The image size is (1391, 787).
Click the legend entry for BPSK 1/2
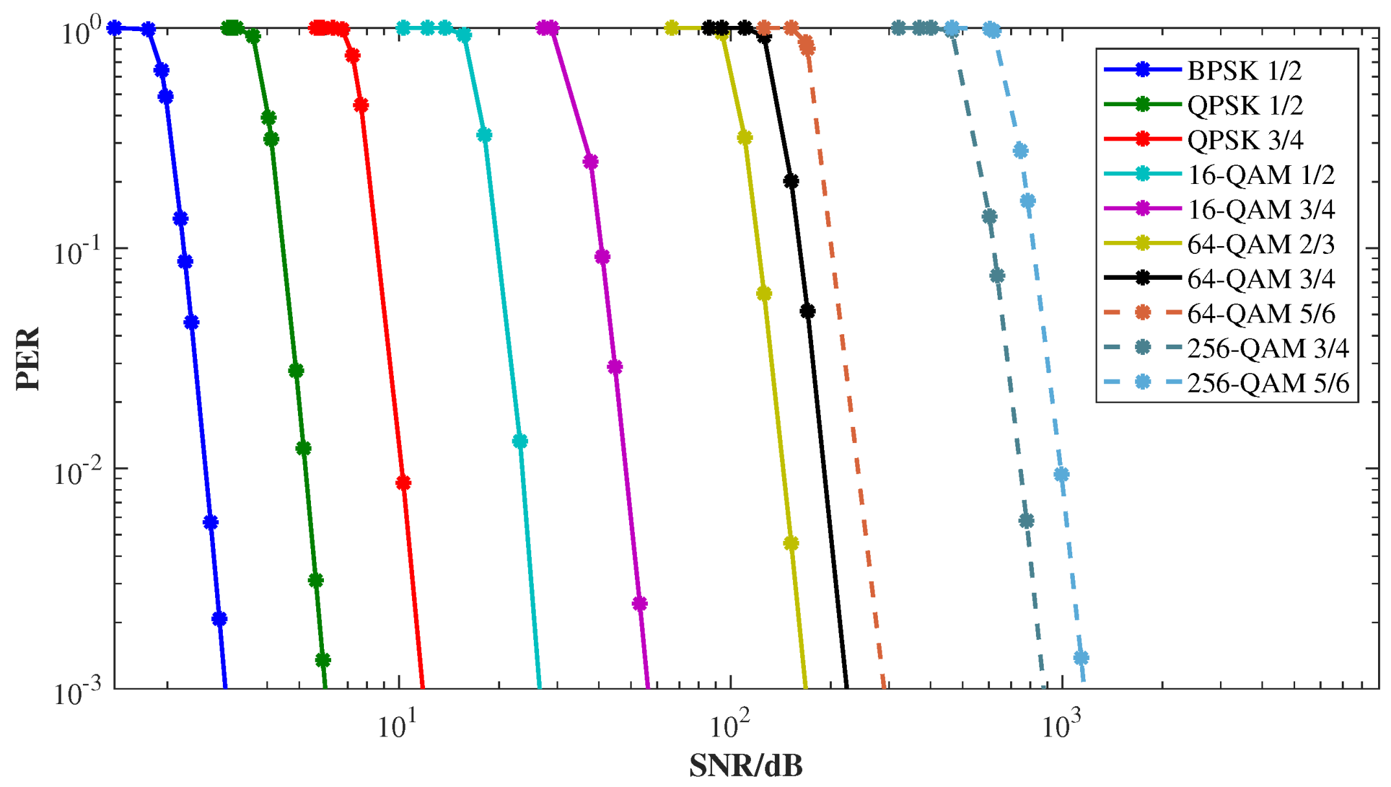click(1244, 71)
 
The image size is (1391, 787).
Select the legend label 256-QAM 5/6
click(1268, 383)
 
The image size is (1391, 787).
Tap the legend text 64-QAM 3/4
click(1261, 279)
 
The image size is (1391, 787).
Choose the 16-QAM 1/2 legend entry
click(1261, 175)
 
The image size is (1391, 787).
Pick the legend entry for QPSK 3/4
click(1245, 140)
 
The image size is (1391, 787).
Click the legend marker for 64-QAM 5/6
click(1144, 313)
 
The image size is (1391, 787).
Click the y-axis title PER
click(29, 358)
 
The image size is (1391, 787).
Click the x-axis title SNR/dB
click(746, 766)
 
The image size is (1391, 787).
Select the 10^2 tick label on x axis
click(730, 727)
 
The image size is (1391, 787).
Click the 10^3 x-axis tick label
click(1061, 727)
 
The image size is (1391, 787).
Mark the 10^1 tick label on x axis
click(397, 727)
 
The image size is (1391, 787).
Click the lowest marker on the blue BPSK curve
click(220, 619)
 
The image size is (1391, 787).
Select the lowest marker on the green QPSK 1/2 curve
click(323, 660)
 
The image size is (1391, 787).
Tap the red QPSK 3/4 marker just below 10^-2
click(403, 483)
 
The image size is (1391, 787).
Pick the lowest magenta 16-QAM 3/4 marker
click(639, 604)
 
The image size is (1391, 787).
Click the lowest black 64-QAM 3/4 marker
click(807, 312)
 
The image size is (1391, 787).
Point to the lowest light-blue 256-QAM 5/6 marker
click(1081, 658)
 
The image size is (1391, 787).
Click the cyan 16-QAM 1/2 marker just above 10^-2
click(520, 441)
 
